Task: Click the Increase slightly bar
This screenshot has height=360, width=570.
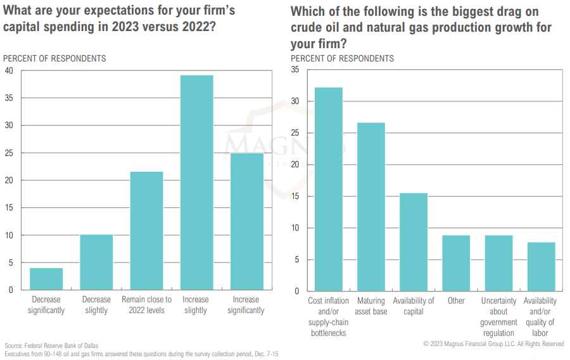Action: (x=196, y=183)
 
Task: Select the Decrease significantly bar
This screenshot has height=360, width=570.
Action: (x=46, y=279)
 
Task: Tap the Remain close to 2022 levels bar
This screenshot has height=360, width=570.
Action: (x=146, y=231)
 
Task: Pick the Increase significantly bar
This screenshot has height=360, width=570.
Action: (x=246, y=221)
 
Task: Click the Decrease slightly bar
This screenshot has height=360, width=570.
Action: (x=96, y=262)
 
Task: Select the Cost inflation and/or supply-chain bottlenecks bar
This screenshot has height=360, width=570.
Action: (x=328, y=189)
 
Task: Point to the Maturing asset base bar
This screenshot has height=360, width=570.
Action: (x=371, y=207)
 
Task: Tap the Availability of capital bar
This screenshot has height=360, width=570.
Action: (x=414, y=241)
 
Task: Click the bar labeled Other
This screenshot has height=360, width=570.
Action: (x=456, y=263)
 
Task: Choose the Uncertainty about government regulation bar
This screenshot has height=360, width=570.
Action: (x=498, y=263)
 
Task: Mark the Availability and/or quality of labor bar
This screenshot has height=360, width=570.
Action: (x=541, y=266)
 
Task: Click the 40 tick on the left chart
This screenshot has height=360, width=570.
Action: (x=8, y=70)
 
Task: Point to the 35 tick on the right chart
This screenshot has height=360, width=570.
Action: (x=295, y=70)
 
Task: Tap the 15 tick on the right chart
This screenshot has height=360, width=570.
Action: (x=295, y=196)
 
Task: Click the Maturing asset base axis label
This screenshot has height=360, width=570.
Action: (x=371, y=305)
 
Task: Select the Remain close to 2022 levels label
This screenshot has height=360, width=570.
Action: (x=146, y=305)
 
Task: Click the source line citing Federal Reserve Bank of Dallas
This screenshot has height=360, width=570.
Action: (x=51, y=345)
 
